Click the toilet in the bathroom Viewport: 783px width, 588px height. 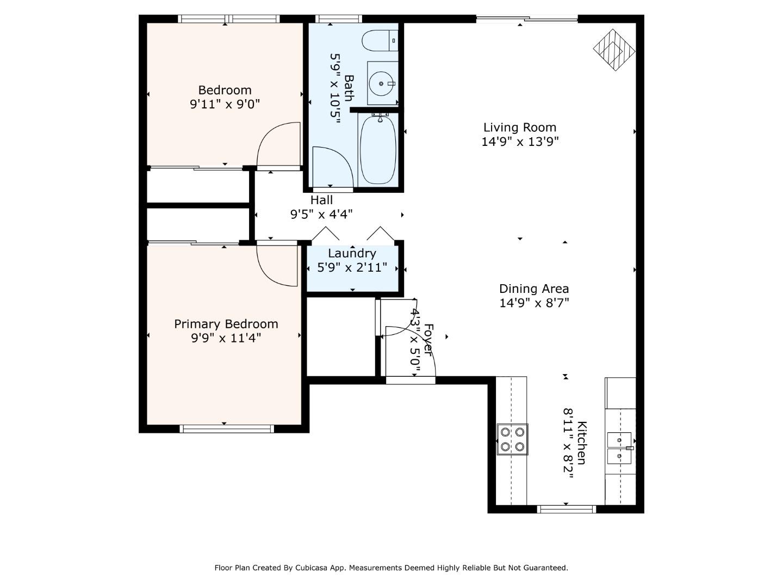[x=380, y=40]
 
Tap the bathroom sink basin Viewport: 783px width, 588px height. [x=381, y=83]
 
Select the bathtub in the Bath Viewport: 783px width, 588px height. [x=378, y=150]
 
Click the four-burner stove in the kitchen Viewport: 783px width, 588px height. [x=513, y=439]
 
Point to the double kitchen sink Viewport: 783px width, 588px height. [x=619, y=448]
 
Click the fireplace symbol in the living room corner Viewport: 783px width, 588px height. [x=614, y=50]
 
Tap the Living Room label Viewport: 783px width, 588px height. [x=520, y=127]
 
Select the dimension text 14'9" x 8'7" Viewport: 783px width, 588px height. [x=534, y=303]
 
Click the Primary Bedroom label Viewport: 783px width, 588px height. [x=226, y=324]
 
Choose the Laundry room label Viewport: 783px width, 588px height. [x=352, y=253]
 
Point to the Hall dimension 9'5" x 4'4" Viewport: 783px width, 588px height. [x=321, y=214]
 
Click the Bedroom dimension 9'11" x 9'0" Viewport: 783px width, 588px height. [x=225, y=104]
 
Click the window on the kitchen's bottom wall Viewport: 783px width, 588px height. [x=566, y=510]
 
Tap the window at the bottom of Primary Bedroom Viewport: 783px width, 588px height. [x=227, y=429]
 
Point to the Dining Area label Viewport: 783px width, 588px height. [x=534, y=289]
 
